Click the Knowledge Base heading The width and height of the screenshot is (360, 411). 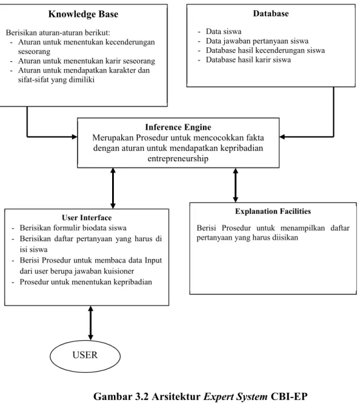(x=83, y=15)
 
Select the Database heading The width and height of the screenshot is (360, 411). (x=271, y=13)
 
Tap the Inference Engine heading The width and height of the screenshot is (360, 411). (x=178, y=127)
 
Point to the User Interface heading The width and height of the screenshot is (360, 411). (x=87, y=218)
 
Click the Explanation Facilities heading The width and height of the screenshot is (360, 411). (x=273, y=212)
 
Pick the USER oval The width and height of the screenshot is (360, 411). (x=85, y=356)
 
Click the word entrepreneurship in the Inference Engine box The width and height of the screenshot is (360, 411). (x=178, y=159)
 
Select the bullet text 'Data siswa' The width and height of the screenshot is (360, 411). (x=224, y=32)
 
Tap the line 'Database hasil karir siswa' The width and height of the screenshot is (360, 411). (x=248, y=60)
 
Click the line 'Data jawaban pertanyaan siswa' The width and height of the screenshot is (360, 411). (x=257, y=41)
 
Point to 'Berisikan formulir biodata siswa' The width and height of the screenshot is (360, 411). (x=73, y=228)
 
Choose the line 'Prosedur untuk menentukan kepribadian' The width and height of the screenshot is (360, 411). (x=85, y=282)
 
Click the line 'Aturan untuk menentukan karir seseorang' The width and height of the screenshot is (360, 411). (x=87, y=61)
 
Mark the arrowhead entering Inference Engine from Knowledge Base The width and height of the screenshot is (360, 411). (x=75, y=136)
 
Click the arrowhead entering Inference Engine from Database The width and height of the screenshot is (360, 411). (x=282, y=136)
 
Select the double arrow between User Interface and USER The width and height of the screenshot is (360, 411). (x=91, y=323)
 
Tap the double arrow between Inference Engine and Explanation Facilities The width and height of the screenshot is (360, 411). (x=236, y=185)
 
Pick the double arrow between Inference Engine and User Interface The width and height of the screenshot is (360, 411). (x=113, y=188)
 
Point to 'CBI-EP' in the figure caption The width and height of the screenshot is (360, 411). (x=289, y=396)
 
